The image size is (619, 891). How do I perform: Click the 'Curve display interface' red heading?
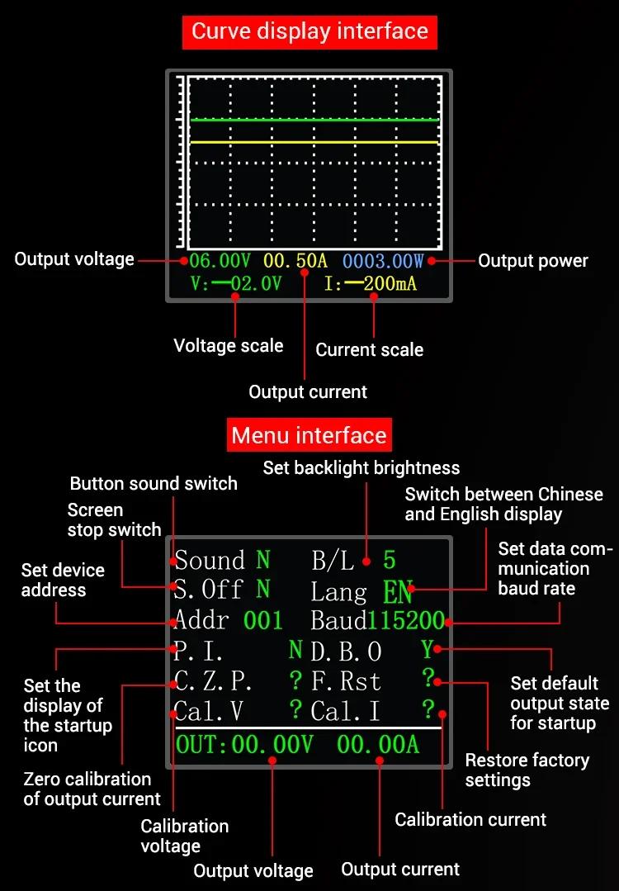pos(309,32)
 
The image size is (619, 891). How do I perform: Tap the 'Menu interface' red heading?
pos(309,435)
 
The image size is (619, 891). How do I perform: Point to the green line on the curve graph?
pos(314,121)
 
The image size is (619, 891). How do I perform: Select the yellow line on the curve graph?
pos(314,142)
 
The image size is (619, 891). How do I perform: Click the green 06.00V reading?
pos(220,262)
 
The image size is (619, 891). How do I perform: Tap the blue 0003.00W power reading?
pos(383,262)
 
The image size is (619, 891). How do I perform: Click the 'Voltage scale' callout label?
pos(228,345)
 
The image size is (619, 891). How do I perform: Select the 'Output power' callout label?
pos(533,261)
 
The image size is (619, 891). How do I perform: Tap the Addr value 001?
pos(263,620)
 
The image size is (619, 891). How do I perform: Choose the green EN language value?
pos(398,592)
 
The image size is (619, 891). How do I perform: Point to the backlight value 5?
pos(390,561)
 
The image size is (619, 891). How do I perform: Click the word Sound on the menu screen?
pos(210,561)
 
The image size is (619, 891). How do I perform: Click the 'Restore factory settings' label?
pos(527,770)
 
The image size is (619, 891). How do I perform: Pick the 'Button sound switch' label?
pos(154,483)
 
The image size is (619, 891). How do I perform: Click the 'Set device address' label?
pos(63,580)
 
